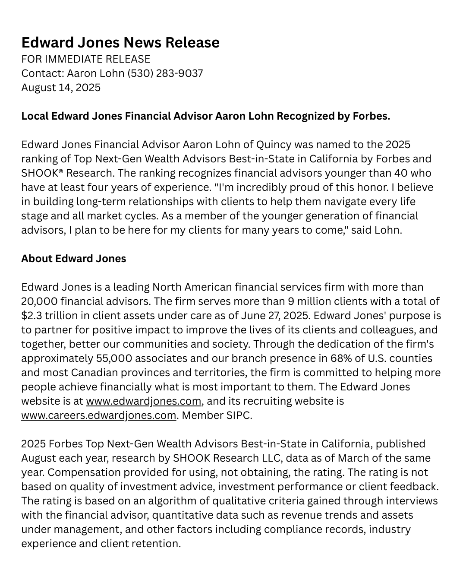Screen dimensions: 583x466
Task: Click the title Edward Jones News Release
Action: [120, 42]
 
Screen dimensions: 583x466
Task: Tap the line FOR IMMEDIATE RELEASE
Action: [86, 59]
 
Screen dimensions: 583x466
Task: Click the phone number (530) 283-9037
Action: [165, 73]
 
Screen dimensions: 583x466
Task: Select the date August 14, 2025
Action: [61, 87]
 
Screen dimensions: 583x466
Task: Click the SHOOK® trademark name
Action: [42, 173]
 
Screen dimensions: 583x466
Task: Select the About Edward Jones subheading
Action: [74, 258]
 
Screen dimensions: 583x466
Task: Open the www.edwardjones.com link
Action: [144, 401]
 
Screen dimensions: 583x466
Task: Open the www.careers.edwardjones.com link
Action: [99, 415]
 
